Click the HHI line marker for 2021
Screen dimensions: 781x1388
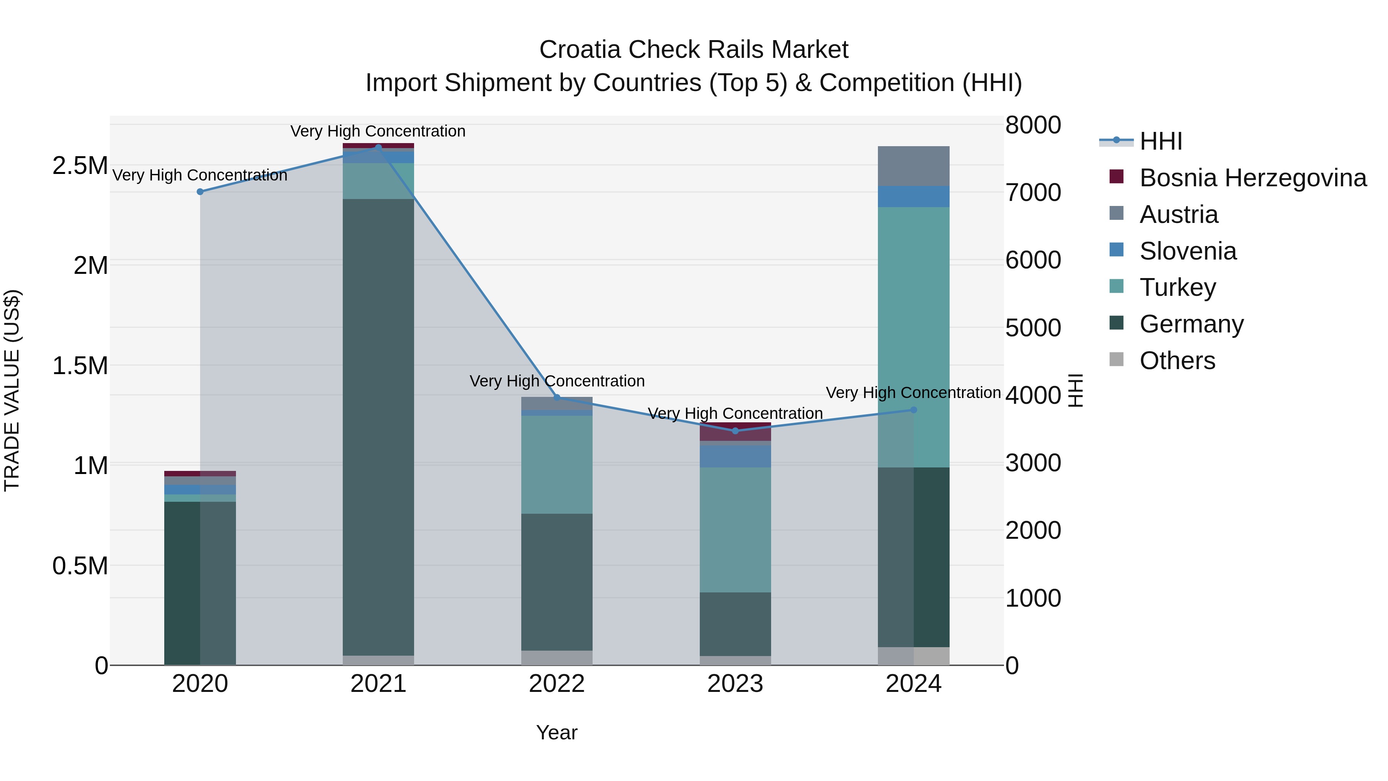tap(378, 147)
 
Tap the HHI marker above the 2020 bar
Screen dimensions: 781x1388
tap(200, 192)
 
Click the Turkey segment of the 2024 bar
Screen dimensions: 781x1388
tap(913, 337)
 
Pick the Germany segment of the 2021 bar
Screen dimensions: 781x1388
tap(378, 426)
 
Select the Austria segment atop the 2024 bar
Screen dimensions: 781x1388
tap(913, 166)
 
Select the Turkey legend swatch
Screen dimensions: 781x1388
tap(1117, 287)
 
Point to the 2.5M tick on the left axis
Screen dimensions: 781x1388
tap(80, 165)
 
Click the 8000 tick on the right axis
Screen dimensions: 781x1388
tap(1033, 125)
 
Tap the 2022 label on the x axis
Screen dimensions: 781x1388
tap(557, 684)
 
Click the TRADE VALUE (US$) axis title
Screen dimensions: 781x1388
tap(12, 390)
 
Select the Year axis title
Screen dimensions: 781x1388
tap(557, 732)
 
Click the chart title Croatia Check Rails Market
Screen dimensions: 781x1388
tap(694, 50)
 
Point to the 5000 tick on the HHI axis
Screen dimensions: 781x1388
tap(1033, 328)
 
